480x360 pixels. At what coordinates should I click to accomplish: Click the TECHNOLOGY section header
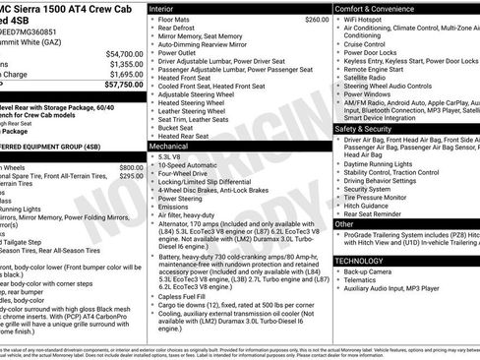click(360, 261)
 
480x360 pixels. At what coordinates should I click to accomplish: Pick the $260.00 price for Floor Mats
click(317, 20)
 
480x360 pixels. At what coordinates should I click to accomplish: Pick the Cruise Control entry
click(365, 44)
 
